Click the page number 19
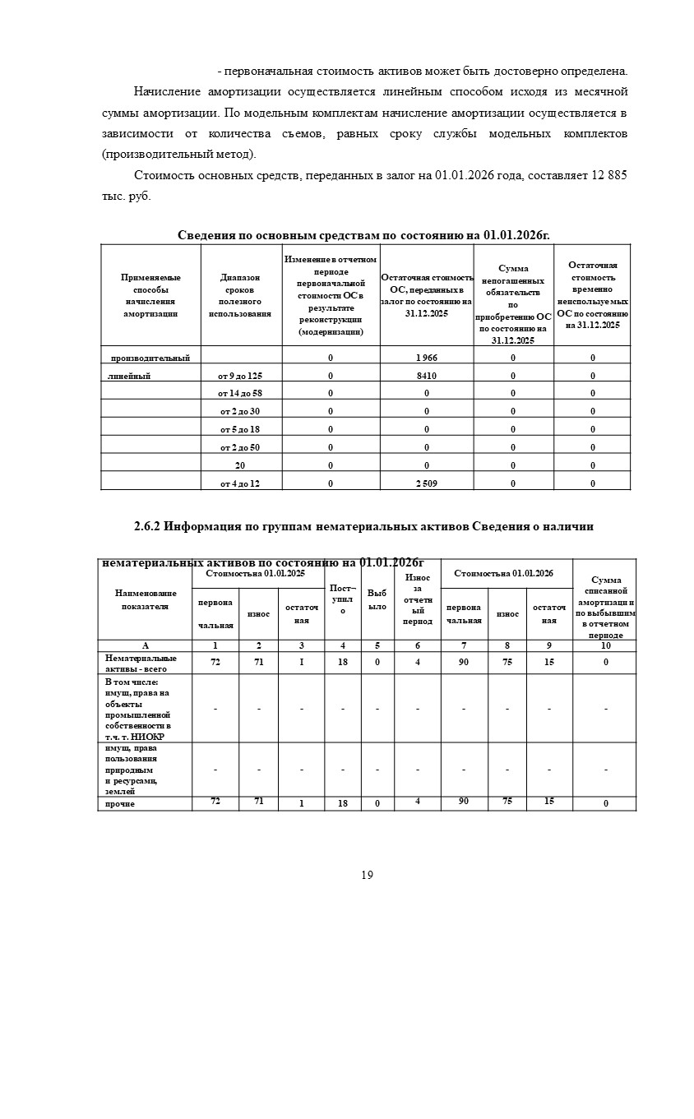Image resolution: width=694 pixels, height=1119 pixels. (x=367, y=875)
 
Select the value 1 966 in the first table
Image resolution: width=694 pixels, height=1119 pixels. (x=426, y=358)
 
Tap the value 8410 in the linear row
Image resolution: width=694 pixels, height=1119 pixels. (x=426, y=376)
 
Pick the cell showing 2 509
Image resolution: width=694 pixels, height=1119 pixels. (x=426, y=483)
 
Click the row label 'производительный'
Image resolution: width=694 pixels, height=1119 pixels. (x=150, y=358)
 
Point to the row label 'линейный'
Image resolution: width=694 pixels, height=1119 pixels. (x=128, y=376)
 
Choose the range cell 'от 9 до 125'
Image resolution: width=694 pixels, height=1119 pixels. (x=240, y=376)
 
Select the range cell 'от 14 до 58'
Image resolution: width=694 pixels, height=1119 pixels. (x=240, y=394)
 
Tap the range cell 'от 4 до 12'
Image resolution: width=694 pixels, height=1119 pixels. (x=240, y=483)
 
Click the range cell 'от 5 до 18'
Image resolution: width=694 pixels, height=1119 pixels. (x=240, y=429)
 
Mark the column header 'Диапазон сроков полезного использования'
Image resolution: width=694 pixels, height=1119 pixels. (x=240, y=296)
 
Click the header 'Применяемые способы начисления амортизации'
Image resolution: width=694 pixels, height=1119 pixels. (x=150, y=296)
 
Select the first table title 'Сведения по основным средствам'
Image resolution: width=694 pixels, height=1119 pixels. (x=363, y=235)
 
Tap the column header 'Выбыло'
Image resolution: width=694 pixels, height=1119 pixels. (x=377, y=599)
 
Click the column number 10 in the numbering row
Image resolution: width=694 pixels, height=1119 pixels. (x=605, y=645)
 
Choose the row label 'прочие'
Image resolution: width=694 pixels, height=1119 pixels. (x=120, y=803)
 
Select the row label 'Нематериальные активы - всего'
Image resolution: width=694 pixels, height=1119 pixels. (x=141, y=663)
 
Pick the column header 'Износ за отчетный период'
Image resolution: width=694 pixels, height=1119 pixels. (x=418, y=599)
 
